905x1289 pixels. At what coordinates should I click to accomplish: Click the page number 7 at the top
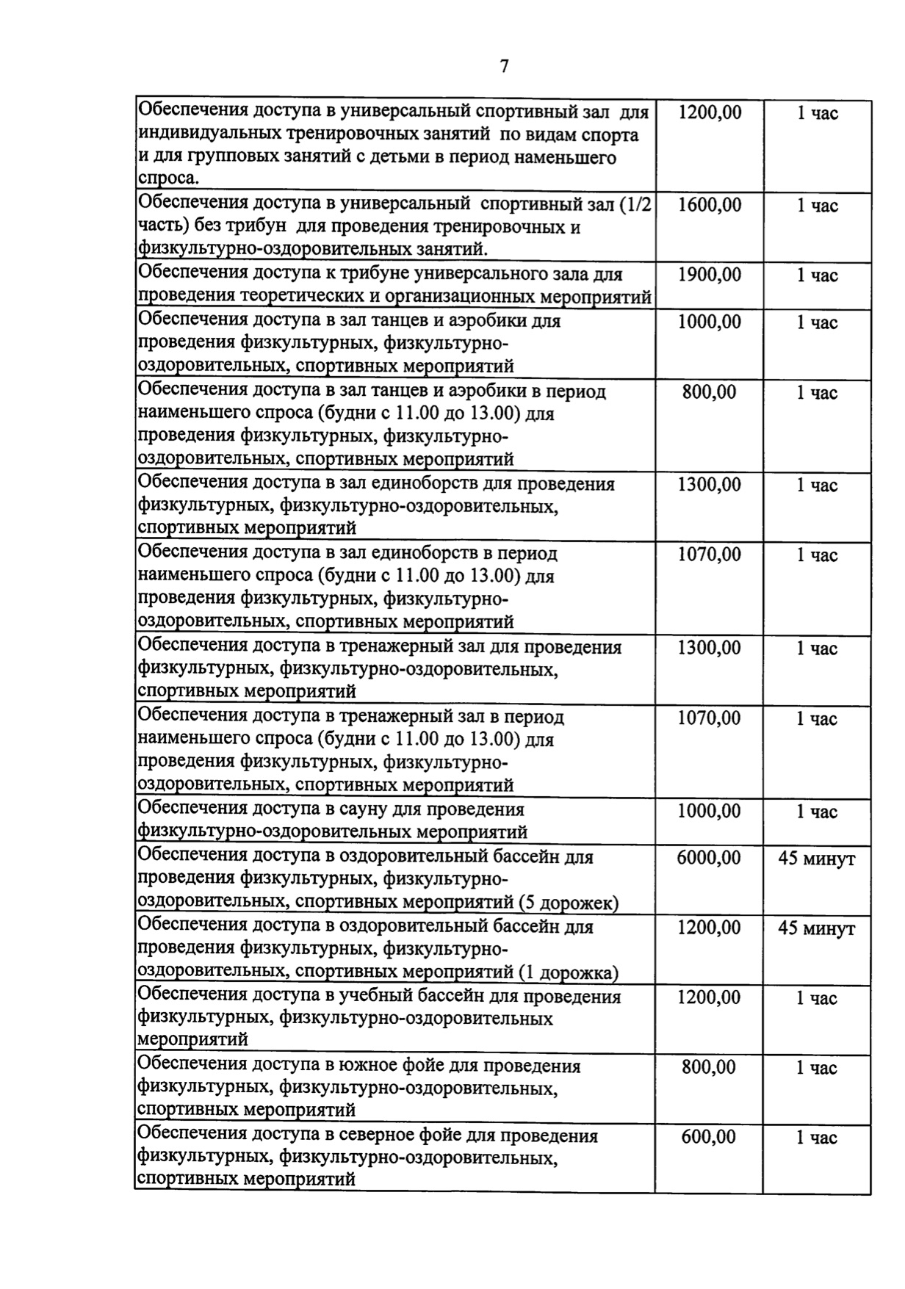[504, 67]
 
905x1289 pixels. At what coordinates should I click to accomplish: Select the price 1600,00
[709, 206]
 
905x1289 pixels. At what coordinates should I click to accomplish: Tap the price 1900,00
[709, 275]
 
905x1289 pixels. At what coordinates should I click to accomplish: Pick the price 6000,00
[708, 858]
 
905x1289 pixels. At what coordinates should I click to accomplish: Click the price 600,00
[708, 1137]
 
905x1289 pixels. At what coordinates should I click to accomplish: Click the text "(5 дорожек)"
[569, 902]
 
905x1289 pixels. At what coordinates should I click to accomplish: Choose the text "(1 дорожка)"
[568, 972]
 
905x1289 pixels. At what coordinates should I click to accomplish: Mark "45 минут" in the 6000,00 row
[816, 859]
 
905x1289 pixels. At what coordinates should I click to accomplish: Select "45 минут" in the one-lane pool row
[816, 929]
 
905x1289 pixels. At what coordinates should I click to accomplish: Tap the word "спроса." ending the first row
[168, 179]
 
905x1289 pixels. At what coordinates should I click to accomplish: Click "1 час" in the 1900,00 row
[817, 276]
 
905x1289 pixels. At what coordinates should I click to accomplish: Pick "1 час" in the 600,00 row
[816, 1138]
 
